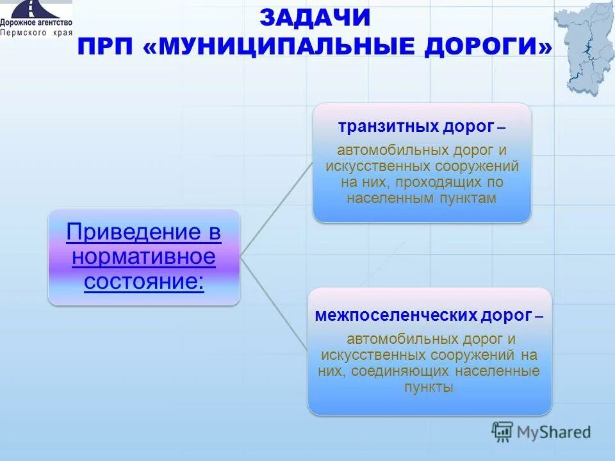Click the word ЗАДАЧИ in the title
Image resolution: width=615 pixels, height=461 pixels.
(315, 18)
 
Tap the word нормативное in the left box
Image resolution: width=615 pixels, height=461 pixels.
(143, 257)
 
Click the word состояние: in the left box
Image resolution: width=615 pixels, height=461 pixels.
(143, 281)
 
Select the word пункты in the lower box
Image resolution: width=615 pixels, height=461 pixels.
(429, 387)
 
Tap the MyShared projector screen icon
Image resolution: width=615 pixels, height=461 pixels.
(502, 432)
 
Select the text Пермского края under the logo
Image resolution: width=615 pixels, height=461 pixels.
(36, 33)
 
